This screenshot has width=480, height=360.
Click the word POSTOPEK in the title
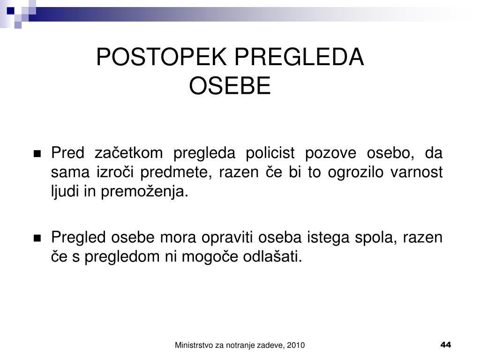pyautogui.click(x=161, y=57)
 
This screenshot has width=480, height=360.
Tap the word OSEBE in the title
pyautogui.click(x=230, y=86)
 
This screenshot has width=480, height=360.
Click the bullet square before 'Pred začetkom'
pyautogui.click(x=37, y=154)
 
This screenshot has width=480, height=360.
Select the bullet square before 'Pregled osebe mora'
pyautogui.click(x=37, y=238)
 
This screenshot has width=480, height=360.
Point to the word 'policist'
pyautogui.click(x=270, y=153)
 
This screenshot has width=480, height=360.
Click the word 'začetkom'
pyautogui.click(x=128, y=153)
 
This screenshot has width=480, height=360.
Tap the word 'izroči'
pyautogui.click(x=115, y=172)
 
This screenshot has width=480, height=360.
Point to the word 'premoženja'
pyautogui.click(x=144, y=192)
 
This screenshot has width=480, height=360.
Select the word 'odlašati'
pyautogui.click(x=272, y=256)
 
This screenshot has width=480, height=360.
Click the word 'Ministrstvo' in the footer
pyautogui.click(x=194, y=345)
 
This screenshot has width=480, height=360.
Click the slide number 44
pyautogui.click(x=446, y=345)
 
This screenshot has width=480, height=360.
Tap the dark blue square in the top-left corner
pyautogui.click(x=11, y=11)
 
